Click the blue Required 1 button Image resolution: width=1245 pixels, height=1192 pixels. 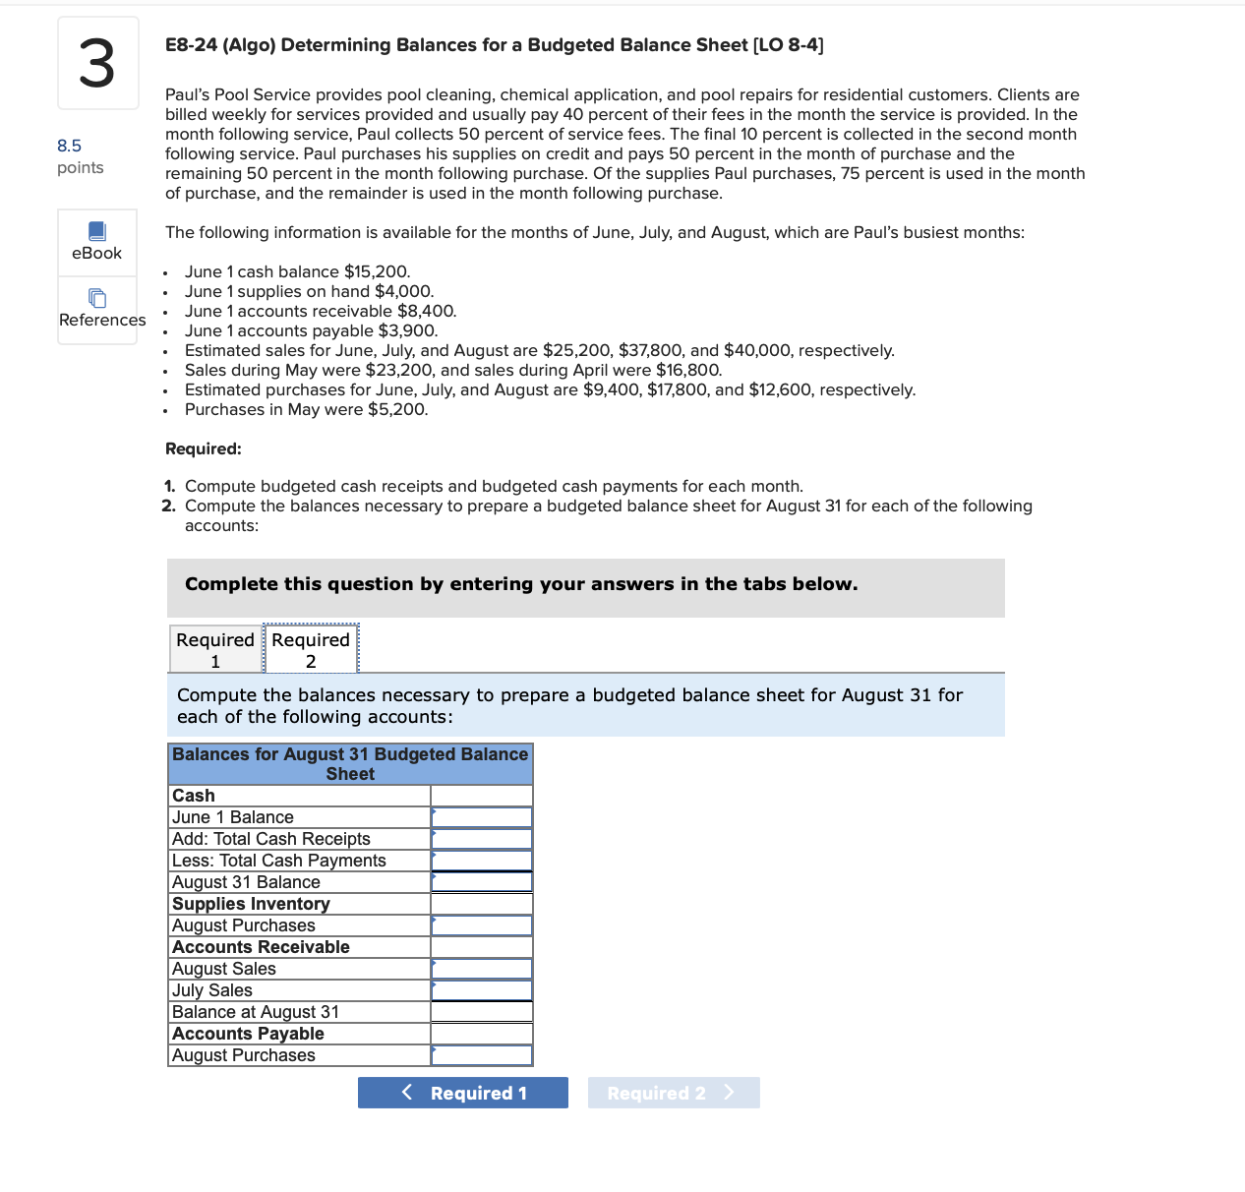click(x=462, y=1093)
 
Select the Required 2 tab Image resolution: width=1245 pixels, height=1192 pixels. click(x=311, y=649)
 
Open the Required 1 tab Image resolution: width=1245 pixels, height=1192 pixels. click(x=215, y=649)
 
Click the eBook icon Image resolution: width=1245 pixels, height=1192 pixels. click(x=97, y=232)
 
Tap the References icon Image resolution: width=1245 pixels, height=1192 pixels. click(x=97, y=298)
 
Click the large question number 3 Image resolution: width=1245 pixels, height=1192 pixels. click(x=97, y=64)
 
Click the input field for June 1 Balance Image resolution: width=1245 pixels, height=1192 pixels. click(x=482, y=817)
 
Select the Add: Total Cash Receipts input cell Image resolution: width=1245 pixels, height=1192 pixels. click(x=482, y=839)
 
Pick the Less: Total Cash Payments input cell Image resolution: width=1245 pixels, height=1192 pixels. click(x=482, y=861)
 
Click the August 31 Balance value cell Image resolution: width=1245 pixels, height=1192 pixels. click(x=482, y=882)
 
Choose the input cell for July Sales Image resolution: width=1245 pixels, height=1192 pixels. click(x=482, y=990)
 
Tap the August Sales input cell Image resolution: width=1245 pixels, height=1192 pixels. click(x=482, y=969)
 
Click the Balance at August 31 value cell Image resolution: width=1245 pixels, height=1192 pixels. click(x=482, y=1012)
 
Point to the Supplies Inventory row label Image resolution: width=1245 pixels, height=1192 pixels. click(x=251, y=904)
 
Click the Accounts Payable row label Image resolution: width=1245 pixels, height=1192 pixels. click(x=248, y=1034)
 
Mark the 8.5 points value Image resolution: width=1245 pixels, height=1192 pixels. click(x=69, y=146)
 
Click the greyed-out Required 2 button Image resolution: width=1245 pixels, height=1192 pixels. click(x=673, y=1093)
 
